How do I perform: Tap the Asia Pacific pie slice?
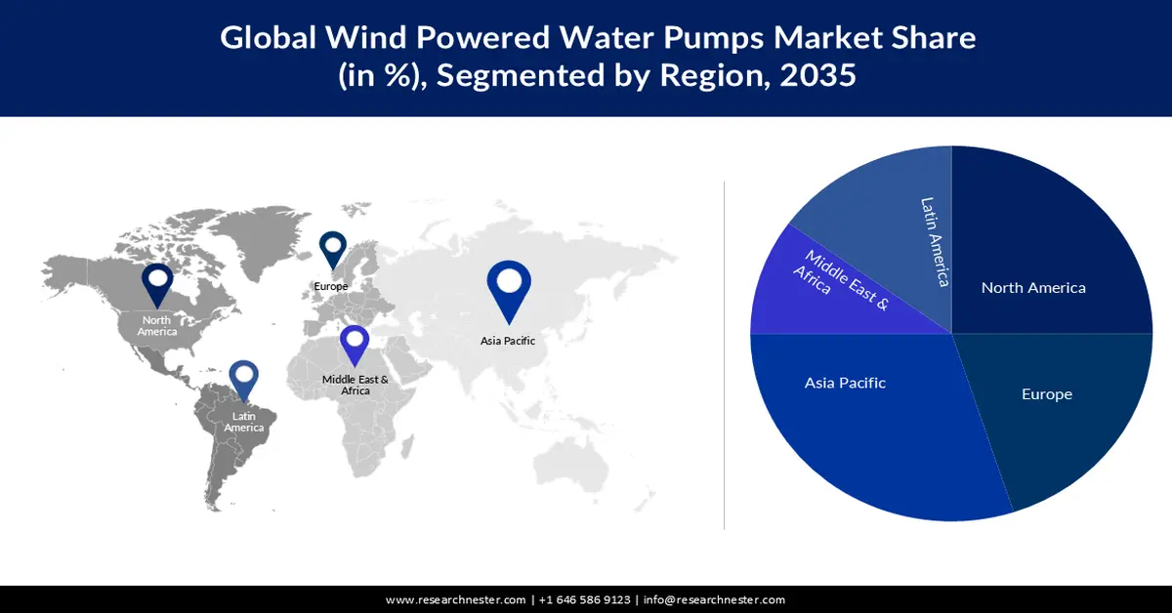(x=859, y=420)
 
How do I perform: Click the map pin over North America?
(x=157, y=284)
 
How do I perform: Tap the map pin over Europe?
(x=333, y=249)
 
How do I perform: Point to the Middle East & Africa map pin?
(x=354, y=346)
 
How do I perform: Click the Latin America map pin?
(x=243, y=381)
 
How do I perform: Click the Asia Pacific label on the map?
(x=507, y=341)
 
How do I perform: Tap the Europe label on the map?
(x=330, y=286)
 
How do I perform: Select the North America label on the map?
(x=156, y=326)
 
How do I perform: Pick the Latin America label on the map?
(x=243, y=423)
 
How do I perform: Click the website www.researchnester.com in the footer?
(x=456, y=599)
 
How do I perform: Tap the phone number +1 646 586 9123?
(x=583, y=599)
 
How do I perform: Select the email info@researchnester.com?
(x=714, y=599)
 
